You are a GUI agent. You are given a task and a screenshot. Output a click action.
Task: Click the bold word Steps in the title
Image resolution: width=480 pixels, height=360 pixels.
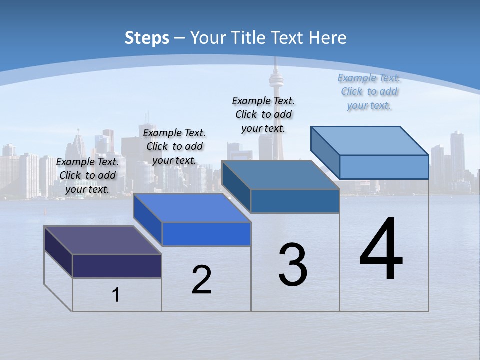click(x=147, y=38)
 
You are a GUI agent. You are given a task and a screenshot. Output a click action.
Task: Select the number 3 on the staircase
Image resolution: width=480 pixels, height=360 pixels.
click(x=293, y=265)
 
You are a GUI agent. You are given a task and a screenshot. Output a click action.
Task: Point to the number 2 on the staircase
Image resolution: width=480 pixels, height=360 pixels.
click(x=201, y=280)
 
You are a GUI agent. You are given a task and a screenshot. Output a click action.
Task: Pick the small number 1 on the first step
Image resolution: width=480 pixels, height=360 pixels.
click(x=116, y=295)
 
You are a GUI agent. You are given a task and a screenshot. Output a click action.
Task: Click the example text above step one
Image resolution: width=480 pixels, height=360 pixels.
click(x=87, y=175)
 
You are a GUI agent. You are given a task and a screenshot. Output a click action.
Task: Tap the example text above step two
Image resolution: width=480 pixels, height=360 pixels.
click(x=174, y=146)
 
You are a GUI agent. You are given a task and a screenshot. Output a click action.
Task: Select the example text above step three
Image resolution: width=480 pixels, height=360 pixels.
click(x=263, y=114)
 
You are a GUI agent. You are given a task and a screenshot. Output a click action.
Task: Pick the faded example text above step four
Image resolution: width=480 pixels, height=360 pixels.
click(x=369, y=91)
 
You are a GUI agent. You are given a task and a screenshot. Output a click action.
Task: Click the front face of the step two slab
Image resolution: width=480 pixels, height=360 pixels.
click(x=206, y=234)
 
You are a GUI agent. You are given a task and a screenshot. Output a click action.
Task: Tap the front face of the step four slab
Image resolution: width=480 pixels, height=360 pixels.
click(x=384, y=167)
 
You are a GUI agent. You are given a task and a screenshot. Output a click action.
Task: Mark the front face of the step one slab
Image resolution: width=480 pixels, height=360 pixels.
click(x=117, y=266)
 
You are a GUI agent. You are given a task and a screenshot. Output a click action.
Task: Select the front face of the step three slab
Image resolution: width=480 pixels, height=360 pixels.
click(x=295, y=201)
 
